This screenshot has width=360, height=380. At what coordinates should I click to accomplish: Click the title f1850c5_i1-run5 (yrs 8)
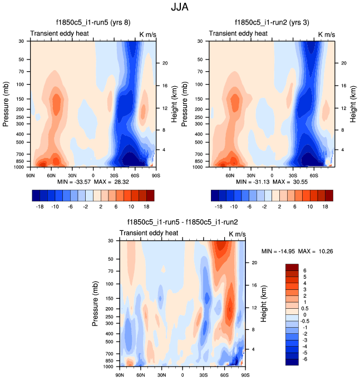[88, 23]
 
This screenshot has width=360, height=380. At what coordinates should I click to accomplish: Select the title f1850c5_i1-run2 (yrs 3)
[269, 23]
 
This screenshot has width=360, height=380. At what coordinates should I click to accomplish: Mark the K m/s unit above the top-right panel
[327, 34]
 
